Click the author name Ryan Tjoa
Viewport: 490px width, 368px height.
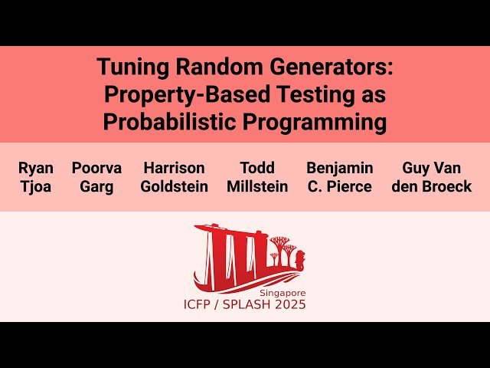click(35, 177)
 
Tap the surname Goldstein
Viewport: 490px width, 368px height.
click(174, 186)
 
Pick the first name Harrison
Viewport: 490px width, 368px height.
click(174, 168)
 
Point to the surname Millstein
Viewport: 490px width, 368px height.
click(257, 186)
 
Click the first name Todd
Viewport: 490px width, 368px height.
click(257, 168)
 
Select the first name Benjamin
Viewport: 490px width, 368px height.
click(339, 168)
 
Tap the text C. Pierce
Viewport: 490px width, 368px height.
click(339, 186)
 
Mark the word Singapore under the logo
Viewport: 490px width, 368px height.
click(283, 293)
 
